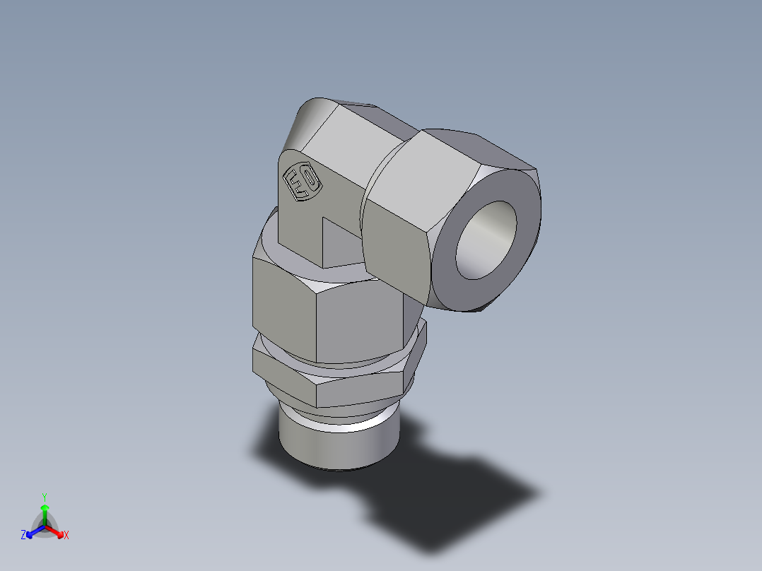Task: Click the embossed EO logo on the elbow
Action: [302, 183]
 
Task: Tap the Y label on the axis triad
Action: [44, 497]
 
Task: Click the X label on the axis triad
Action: [66, 536]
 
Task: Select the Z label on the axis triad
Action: [23, 535]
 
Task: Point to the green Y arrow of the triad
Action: [45, 512]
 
